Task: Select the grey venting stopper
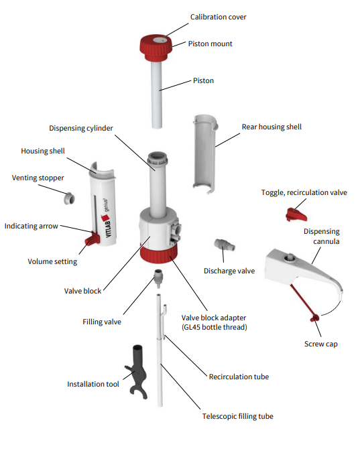[70, 198]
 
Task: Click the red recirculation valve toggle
[296, 214]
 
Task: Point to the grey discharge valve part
[225, 245]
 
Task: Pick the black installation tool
[137, 371]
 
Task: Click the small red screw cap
[315, 318]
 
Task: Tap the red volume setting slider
[92, 238]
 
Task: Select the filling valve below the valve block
[158, 278]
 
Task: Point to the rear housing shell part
[204, 155]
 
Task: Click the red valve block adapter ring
[158, 253]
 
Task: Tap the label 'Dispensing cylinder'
[81, 128]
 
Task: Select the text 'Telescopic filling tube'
[237, 416]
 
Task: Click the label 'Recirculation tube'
[239, 377]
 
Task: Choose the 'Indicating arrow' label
[32, 226]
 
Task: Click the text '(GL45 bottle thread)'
[214, 327]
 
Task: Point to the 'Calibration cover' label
[219, 17]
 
